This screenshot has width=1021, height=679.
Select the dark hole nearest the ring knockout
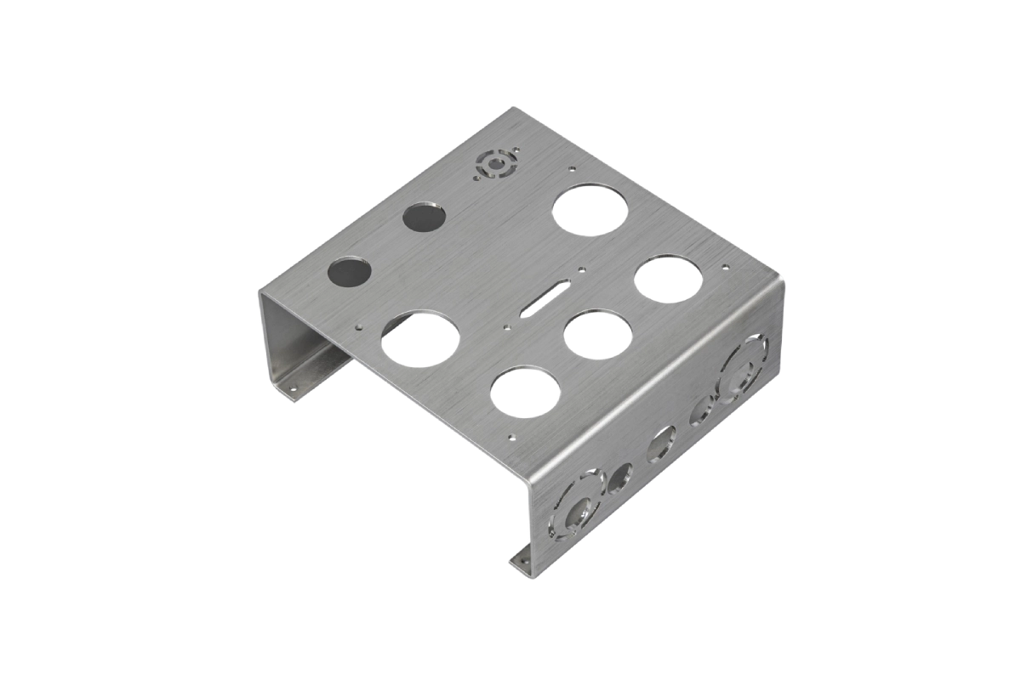[424, 218]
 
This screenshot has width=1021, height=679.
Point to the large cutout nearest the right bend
[669, 277]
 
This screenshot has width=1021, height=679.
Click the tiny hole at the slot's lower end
[506, 325]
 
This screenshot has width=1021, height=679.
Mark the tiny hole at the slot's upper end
[581, 271]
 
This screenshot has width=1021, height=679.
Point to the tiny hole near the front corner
[511, 438]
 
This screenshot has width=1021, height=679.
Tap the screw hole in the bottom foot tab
[521, 561]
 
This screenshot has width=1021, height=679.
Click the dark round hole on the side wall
[619, 479]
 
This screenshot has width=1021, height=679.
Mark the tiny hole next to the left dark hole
[361, 325]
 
